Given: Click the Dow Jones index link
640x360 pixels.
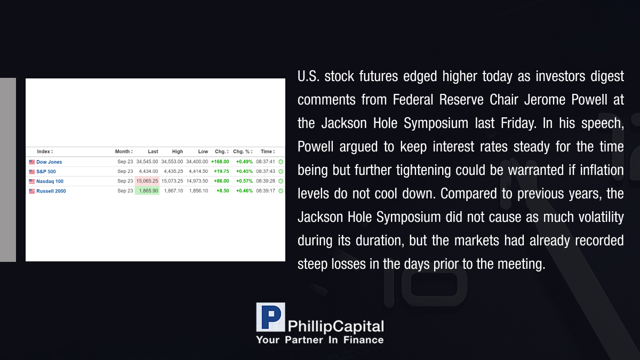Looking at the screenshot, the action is tap(49, 162).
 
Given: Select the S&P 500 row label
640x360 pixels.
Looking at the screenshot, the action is tap(46, 172).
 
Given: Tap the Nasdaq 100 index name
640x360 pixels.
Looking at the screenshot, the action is tap(50, 181).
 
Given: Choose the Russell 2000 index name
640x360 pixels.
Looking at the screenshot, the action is tap(51, 191).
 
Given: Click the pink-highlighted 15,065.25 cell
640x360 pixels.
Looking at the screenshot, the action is tap(147, 181).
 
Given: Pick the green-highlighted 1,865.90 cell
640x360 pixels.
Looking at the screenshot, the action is tap(147, 191).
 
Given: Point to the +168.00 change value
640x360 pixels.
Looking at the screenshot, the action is tap(220, 162).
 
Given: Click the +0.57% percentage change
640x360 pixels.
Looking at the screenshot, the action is tap(244, 181).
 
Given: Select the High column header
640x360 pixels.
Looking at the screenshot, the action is tap(178, 151).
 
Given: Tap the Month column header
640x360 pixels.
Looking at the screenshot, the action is tap(123, 151).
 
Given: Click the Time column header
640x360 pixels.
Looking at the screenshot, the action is tap(266, 151).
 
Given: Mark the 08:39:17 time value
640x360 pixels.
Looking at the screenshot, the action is tap(266, 191).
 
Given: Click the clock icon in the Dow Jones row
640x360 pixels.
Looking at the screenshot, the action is tap(281, 162).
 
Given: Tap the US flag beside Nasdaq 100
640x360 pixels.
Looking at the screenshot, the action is tap(31, 181).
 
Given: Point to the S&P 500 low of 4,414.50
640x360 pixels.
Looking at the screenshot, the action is tap(198, 171).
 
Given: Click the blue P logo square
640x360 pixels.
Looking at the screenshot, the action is tap(270, 317).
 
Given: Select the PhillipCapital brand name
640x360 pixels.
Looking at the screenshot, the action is tap(335, 326).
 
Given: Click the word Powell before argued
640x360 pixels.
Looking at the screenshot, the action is tap(315, 147).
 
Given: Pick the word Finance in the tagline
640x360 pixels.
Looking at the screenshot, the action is tap(363, 340).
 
